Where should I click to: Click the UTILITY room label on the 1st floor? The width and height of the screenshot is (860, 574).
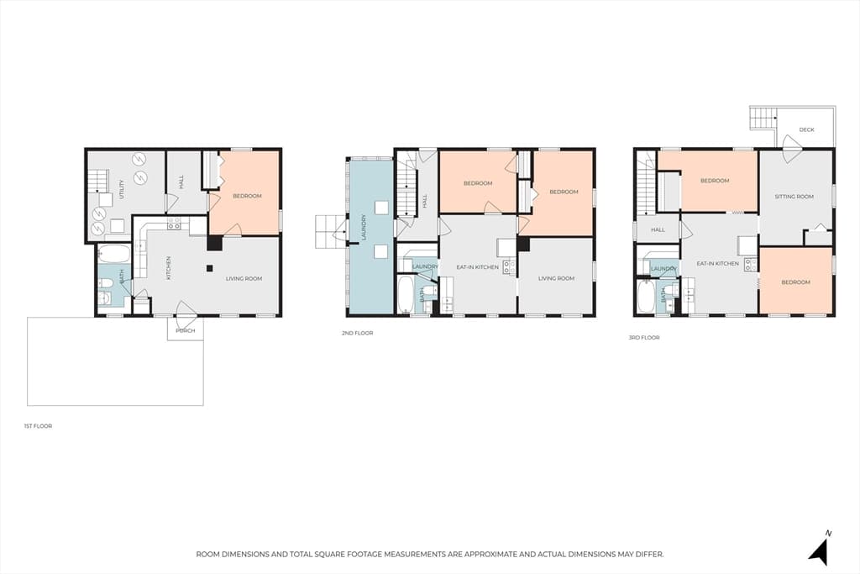[x=122, y=189]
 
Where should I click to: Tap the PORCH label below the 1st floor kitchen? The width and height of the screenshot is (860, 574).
[x=186, y=331]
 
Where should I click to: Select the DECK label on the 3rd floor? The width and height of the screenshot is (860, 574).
[x=806, y=129]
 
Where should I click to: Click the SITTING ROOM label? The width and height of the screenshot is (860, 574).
[x=794, y=197]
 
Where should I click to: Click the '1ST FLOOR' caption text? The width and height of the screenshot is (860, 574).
[x=38, y=426]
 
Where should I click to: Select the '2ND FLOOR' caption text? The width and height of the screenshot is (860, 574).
[x=357, y=333]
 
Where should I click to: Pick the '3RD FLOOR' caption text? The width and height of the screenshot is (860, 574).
[x=644, y=338]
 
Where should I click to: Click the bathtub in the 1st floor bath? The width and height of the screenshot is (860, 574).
[x=114, y=254]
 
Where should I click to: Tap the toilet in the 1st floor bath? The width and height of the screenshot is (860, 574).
[x=107, y=283]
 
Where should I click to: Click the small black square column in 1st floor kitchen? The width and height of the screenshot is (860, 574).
[x=209, y=268]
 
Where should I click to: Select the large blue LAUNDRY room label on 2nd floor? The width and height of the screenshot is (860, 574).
[x=364, y=227]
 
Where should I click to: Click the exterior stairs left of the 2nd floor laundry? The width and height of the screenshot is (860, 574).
[x=329, y=231]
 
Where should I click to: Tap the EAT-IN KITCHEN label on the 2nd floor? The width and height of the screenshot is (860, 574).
[x=478, y=267]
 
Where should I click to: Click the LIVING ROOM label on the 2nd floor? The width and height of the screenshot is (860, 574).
[x=556, y=278]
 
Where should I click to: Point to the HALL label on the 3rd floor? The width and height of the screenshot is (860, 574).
[x=658, y=229]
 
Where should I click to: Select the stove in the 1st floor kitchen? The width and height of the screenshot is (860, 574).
[x=174, y=224]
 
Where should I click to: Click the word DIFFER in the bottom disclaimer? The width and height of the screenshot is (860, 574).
[x=650, y=554]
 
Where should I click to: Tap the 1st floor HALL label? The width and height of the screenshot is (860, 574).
[x=181, y=182]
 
